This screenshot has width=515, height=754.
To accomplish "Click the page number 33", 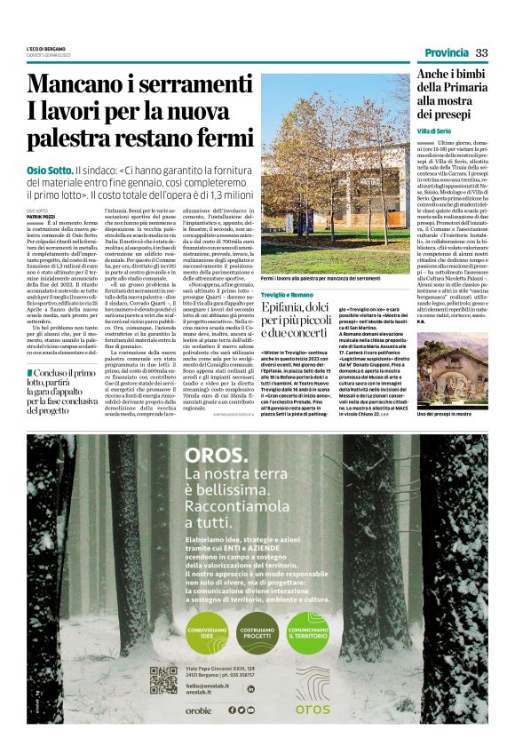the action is coord(482,52).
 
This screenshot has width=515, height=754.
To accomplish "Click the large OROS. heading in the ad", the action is coord(217,456).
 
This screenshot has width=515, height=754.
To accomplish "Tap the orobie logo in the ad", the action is coord(198,710).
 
